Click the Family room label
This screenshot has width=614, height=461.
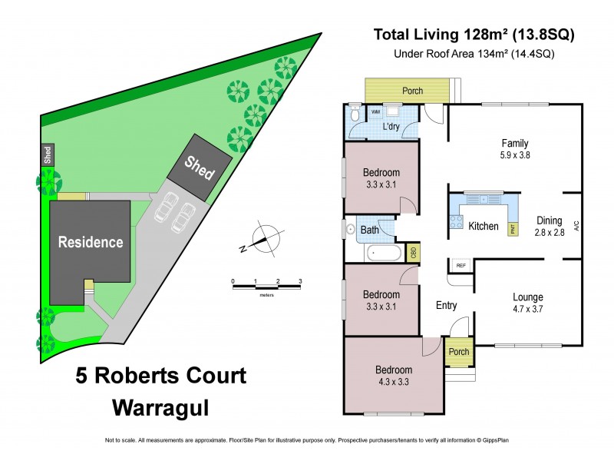pos(515,148)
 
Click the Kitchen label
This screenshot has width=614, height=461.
pos(484,227)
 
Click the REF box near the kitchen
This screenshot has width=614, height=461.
pos(461,266)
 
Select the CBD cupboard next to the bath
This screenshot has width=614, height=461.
pos(414,252)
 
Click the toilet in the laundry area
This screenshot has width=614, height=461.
pos(355,114)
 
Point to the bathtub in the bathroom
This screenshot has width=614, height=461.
pos(381,252)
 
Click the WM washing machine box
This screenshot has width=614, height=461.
pos(376,112)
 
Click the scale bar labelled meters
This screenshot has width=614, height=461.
pos(266,287)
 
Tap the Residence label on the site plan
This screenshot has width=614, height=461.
pos(91,242)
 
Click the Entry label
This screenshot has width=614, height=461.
pos(446,306)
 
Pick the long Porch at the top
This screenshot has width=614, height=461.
pos(413,91)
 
